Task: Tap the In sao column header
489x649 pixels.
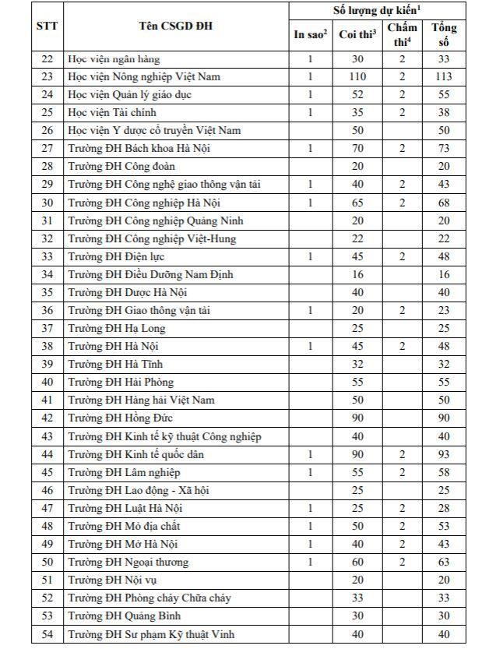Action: (x=310, y=34)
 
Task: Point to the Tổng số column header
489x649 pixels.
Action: (x=444, y=34)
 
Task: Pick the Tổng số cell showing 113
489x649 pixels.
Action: (x=444, y=76)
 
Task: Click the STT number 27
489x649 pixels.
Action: (x=47, y=148)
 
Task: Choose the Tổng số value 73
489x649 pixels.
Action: (x=444, y=148)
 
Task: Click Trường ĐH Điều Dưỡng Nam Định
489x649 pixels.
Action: (x=150, y=274)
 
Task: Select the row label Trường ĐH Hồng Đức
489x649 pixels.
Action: (x=120, y=418)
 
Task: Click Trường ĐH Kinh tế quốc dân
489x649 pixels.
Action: (x=135, y=454)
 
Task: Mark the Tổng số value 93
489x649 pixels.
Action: (x=444, y=454)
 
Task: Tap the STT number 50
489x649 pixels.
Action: (x=47, y=562)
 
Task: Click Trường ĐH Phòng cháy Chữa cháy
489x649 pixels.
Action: (x=149, y=598)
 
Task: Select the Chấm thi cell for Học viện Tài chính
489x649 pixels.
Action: (x=403, y=112)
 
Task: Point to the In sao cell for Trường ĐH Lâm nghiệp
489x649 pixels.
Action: (x=310, y=472)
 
